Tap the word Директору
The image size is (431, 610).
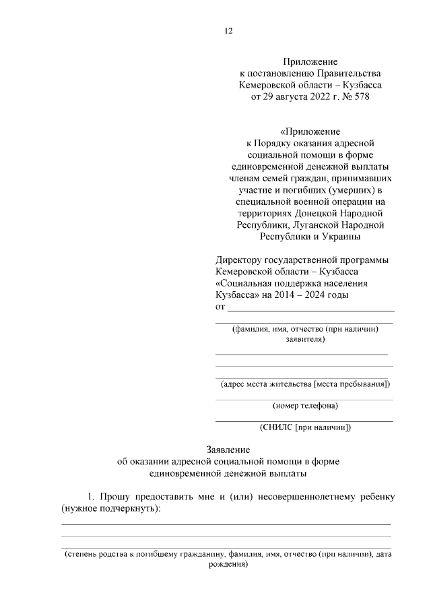(x=240, y=260)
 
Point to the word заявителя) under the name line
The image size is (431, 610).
(x=305, y=340)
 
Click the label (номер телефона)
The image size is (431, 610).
(x=305, y=406)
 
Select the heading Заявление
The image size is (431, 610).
(x=228, y=450)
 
